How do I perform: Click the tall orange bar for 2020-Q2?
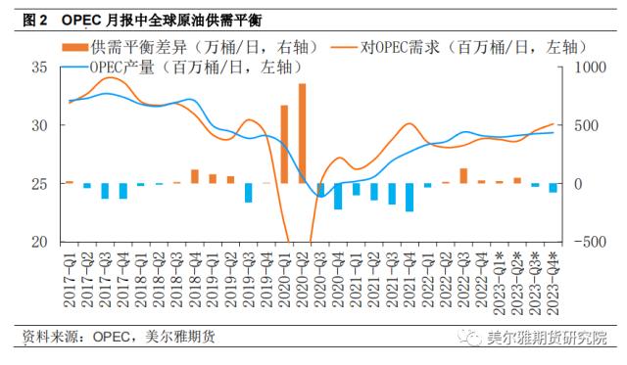coord(303,133)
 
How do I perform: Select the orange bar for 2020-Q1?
coord(285,144)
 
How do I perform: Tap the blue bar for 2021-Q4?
coord(410,197)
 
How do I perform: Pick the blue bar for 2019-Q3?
coord(249,192)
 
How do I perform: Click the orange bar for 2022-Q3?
coord(463,176)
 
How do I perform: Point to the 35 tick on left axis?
coord(39,68)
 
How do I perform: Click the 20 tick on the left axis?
coord(39,242)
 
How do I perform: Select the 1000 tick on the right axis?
coord(584,68)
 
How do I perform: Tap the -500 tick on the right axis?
coord(584,242)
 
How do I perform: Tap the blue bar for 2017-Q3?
coord(105,191)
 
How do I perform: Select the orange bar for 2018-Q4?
coord(195,176)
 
